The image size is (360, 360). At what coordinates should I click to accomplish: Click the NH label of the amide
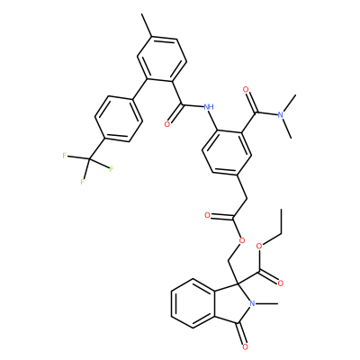(209, 106)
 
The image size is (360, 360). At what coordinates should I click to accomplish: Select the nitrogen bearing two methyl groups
(281, 114)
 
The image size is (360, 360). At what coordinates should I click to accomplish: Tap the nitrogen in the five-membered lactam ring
(252, 303)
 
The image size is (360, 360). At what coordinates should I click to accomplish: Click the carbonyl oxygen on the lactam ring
(245, 347)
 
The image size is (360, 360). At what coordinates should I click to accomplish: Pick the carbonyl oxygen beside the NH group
(167, 123)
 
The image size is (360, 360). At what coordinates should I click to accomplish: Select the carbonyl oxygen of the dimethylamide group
(246, 89)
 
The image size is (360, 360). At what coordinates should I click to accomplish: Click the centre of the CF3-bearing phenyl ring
(118, 119)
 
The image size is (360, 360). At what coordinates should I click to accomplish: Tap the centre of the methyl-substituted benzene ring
(162, 59)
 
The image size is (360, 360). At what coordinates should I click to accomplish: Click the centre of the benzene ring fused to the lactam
(193, 303)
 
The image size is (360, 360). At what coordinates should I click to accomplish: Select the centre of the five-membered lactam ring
(233, 303)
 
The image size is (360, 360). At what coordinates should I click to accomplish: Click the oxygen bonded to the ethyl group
(259, 247)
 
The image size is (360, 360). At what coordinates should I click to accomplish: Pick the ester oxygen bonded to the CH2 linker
(242, 240)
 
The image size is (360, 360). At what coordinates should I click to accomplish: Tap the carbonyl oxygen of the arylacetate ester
(207, 215)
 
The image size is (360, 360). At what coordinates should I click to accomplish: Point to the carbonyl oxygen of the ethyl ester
(281, 283)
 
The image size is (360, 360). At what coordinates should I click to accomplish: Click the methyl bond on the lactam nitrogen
(266, 303)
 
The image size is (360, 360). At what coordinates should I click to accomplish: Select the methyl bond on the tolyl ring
(148, 25)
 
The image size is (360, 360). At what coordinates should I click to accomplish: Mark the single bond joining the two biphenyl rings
(139, 89)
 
